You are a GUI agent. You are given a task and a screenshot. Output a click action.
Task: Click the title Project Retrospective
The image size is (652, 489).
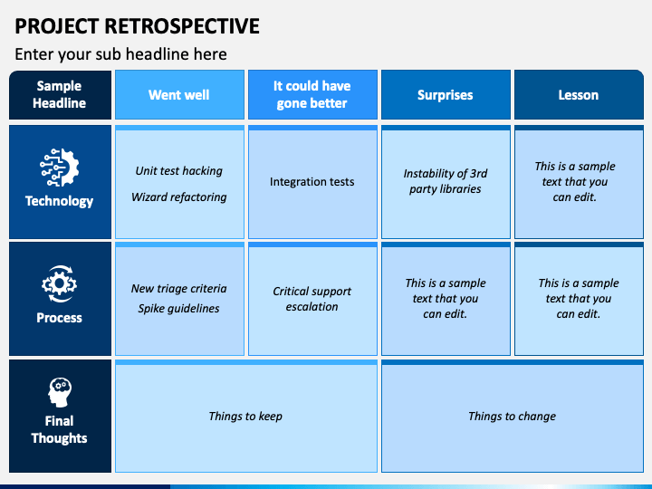(x=138, y=26)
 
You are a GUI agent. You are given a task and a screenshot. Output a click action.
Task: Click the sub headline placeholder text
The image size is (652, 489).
(x=120, y=54)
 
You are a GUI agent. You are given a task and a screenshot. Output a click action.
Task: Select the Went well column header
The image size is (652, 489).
(x=178, y=95)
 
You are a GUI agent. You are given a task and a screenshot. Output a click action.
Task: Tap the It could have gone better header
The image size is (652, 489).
(x=312, y=95)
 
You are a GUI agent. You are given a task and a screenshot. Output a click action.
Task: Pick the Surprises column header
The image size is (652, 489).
(x=445, y=95)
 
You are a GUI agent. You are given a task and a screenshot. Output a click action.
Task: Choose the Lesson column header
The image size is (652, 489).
(x=578, y=95)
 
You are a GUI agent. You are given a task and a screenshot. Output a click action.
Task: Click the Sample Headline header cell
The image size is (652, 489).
(x=60, y=95)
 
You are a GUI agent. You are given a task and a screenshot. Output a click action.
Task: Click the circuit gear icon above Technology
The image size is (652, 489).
(x=60, y=169)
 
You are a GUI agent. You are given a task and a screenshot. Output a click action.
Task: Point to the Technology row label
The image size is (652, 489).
(x=60, y=201)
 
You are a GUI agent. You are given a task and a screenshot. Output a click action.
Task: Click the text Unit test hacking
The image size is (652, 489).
(x=178, y=171)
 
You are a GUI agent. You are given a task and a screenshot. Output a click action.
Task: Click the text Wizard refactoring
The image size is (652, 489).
(x=178, y=197)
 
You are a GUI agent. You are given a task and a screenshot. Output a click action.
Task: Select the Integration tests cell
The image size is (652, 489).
(x=312, y=182)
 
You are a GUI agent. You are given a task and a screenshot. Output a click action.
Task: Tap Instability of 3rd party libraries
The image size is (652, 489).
(x=445, y=181)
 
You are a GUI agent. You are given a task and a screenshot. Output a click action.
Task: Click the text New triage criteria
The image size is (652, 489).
(x=178, y=289)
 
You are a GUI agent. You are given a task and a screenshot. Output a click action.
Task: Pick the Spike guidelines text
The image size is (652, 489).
(x=178, y=309)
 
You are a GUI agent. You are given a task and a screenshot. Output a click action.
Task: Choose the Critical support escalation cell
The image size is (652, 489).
(x=312, y=299)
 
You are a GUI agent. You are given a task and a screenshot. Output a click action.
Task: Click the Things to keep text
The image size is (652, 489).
(x=245, y=417)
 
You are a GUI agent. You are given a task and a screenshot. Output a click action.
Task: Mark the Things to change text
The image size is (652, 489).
(x=512, y=417)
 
